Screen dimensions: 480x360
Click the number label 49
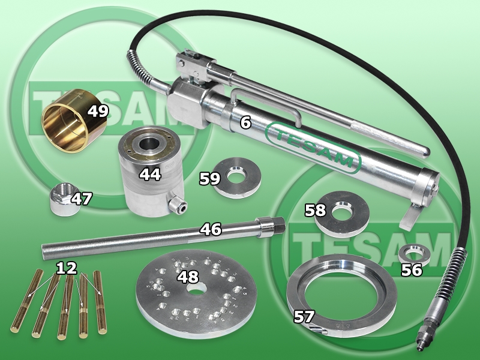(x=98, y=111)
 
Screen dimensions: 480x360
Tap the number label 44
(x=150, y=174)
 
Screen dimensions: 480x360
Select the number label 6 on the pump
(x=245, y=122)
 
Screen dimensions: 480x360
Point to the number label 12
(x=67, y=268)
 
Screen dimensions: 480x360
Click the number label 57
(x=304, y=316)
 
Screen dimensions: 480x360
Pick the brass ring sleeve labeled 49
(x=74, y=120)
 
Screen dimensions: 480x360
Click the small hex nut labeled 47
(x=64, y=199)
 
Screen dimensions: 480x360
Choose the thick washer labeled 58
(x=341, y=214)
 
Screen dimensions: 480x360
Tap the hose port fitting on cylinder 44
(x=178, y=205)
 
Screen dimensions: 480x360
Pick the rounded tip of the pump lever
(x=425, y=152)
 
